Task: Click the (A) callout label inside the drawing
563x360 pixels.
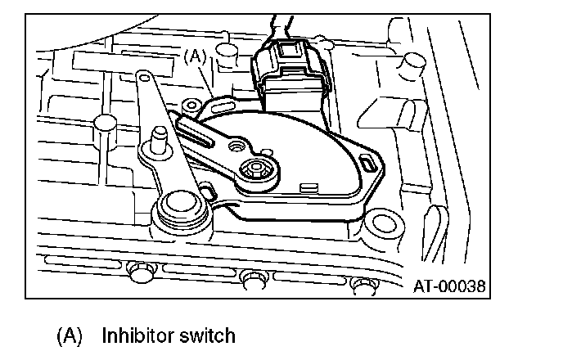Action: (x=196, y=57)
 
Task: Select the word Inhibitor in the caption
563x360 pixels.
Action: (x=135, y=335)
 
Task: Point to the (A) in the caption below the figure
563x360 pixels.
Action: (x=70, y=335)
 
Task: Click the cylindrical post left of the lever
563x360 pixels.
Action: (x=102, y=123)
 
